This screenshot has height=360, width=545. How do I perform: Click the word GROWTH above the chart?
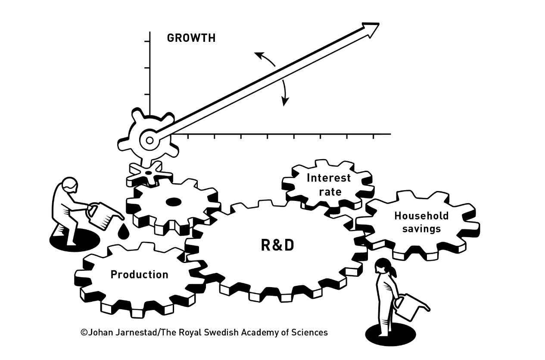pos(191,38)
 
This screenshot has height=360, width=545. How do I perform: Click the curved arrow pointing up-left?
pos(264,59)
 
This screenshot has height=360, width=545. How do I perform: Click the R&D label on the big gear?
pos(277,245)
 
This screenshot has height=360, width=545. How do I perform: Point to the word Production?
pos(139,275)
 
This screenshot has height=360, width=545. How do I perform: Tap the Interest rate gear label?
pos(329,184)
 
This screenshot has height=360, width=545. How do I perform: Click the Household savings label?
pos(421,222)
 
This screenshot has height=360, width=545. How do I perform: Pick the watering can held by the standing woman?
pos(409,306)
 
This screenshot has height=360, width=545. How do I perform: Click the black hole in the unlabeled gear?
pos(173,202)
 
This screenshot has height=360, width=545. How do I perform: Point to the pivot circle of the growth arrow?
pos(149,140)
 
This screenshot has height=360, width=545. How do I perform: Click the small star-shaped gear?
pos(148,172)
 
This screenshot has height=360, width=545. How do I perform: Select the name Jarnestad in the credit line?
pos(133,332)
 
